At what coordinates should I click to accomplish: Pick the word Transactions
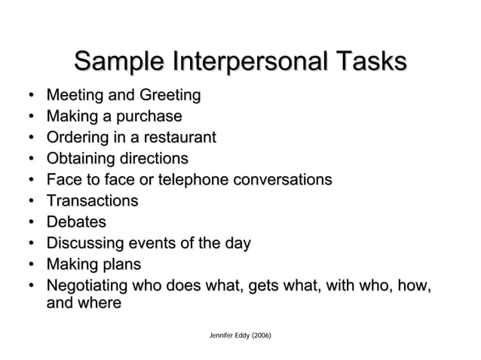[92, 201]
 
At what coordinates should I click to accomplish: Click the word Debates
[76, 222]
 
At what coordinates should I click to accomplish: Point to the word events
[158, 243]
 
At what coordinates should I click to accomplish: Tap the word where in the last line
[100, 303]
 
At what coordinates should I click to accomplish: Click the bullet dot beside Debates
[28, 223]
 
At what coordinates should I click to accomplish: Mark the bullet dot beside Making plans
[28, 265]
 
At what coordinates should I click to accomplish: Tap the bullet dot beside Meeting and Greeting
[28, 96]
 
